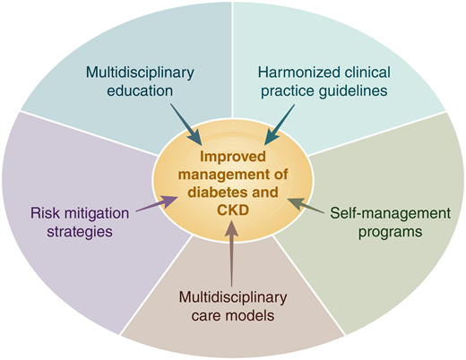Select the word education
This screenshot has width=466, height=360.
point(142,90)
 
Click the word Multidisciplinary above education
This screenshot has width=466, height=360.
point(142,72)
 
